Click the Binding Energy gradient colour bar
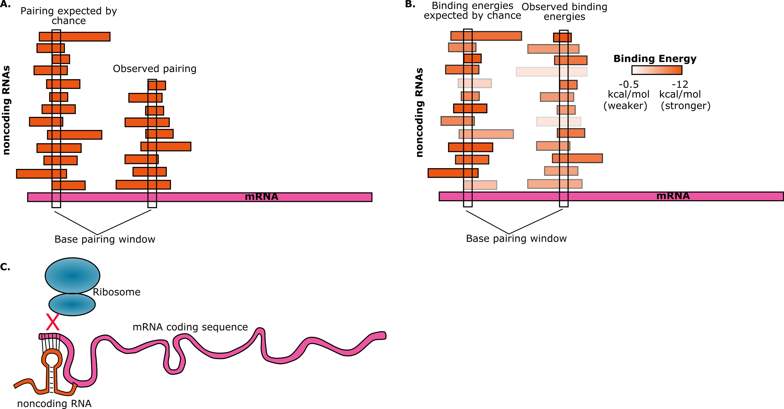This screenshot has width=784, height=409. point(657,70)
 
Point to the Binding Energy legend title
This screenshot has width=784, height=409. point(655,58)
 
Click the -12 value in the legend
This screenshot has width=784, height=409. point(680,84)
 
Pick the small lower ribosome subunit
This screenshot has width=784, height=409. point(72,304)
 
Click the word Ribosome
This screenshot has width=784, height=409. point(117,292)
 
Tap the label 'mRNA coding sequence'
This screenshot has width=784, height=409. point(190,327)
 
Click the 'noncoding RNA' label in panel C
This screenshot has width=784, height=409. point(54,403)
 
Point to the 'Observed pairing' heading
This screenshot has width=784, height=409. point(155,69)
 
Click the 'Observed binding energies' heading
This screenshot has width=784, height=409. point(564,12)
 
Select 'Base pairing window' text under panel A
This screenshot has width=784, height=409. point(105,239)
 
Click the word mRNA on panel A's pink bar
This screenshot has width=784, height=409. point(262,197)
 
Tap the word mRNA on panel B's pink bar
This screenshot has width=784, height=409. point(673,196)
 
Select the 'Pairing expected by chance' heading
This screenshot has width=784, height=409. point(69,16)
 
